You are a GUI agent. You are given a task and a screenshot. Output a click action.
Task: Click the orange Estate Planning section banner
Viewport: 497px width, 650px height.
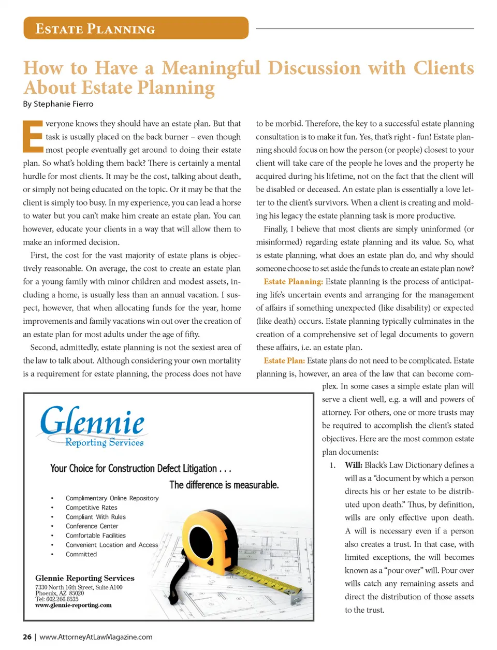coord(136,28)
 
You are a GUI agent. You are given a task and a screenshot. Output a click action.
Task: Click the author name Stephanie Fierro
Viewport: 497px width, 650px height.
coord(64,104)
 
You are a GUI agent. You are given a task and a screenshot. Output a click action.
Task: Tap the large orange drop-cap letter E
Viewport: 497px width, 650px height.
coord(33,137)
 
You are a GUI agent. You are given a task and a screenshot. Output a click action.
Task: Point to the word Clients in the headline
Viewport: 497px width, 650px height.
coord(444,68)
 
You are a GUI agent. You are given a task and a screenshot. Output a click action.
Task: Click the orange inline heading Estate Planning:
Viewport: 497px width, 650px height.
coord(293,282)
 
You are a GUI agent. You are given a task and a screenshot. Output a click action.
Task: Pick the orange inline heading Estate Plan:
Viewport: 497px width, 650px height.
coord(284,360)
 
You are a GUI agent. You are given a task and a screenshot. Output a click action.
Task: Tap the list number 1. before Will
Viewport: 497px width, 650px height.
coord(332,465)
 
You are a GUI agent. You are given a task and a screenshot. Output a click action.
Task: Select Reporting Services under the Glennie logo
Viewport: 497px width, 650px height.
coord(104,443)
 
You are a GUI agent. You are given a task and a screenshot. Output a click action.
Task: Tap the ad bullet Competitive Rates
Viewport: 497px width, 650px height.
coord(91,508)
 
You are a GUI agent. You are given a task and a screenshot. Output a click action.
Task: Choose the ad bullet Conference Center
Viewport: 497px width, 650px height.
coord(92,526)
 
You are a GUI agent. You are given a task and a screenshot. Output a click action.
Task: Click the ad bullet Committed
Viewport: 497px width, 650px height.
coord(81,554)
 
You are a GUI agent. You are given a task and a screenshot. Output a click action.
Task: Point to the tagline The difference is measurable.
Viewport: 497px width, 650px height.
coord(224,485)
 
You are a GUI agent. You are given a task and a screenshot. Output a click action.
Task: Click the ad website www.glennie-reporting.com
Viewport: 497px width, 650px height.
coord(73,605)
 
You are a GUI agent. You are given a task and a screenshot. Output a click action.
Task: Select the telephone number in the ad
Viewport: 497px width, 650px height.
coord(57,599)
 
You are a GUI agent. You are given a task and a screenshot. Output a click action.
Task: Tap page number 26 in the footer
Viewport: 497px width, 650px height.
coord(27,637)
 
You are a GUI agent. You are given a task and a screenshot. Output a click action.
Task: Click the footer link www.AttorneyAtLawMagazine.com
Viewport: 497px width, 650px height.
coord(96,637)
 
